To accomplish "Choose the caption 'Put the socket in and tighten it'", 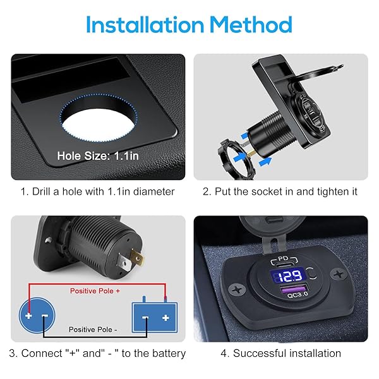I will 280,191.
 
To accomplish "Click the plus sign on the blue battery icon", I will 165,316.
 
